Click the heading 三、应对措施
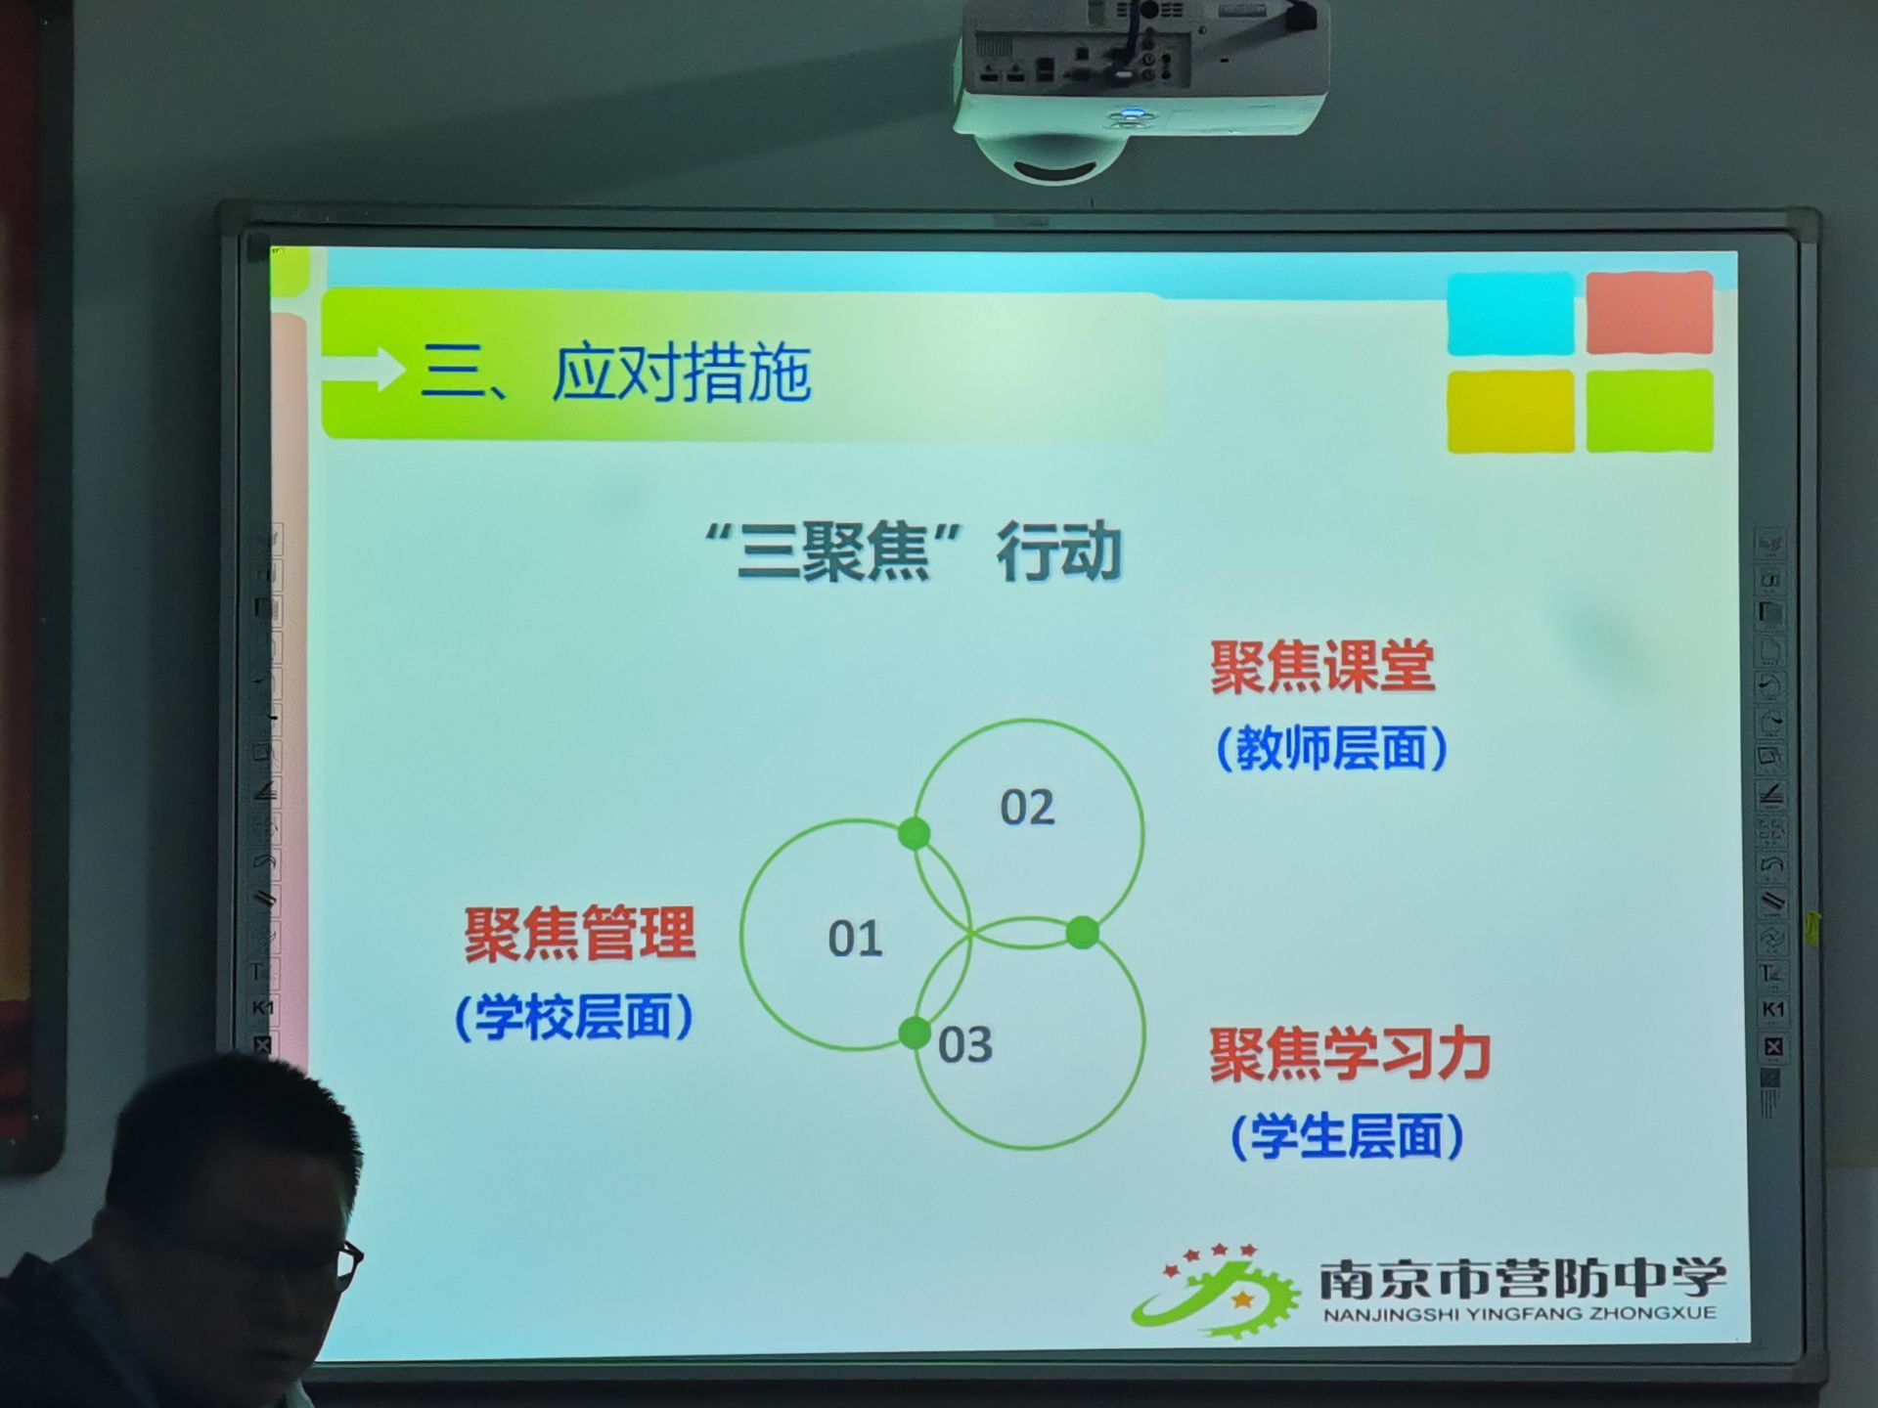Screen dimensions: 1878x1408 [616, 373]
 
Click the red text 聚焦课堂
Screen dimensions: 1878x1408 [1322, 668]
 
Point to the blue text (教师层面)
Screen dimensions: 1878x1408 [1331, 749]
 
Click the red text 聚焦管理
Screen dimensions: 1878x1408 [580, 934]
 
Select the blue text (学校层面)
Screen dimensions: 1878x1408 [574, 1017]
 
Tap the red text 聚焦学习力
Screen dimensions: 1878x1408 [1350, 1055]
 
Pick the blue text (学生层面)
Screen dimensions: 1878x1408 [1347, 1136]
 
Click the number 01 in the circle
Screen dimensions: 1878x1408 [856, 940]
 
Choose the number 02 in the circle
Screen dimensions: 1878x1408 [1027, 808]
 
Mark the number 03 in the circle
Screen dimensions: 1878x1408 [965, 1045]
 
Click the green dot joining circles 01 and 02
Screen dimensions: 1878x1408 [915, 834]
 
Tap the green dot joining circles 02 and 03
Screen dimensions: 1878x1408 [1082, 933]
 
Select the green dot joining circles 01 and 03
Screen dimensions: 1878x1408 [915, 1033]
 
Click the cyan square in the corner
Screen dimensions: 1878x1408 [1510, 314]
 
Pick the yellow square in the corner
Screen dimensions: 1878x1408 [1510, 412]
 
